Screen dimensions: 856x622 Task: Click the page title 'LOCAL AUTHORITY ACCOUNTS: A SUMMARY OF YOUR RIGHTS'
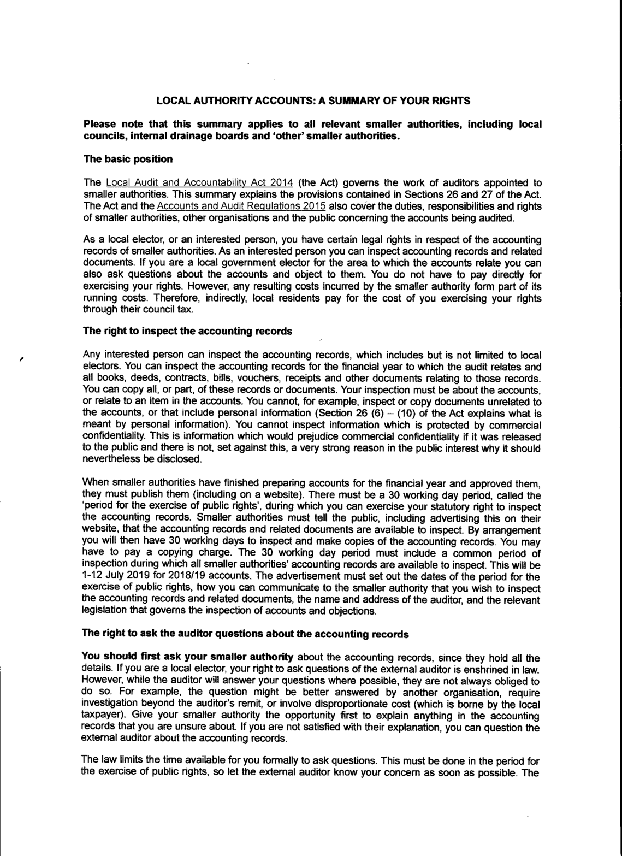pyautogui.click(x=313, y=101)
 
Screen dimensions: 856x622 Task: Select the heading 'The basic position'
pyautogui.click(x=128, y=159)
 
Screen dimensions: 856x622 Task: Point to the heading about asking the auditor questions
pyautogui.click(x=245, y=634)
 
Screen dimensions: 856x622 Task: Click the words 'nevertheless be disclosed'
pyautogui.click(x=142, y=459)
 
